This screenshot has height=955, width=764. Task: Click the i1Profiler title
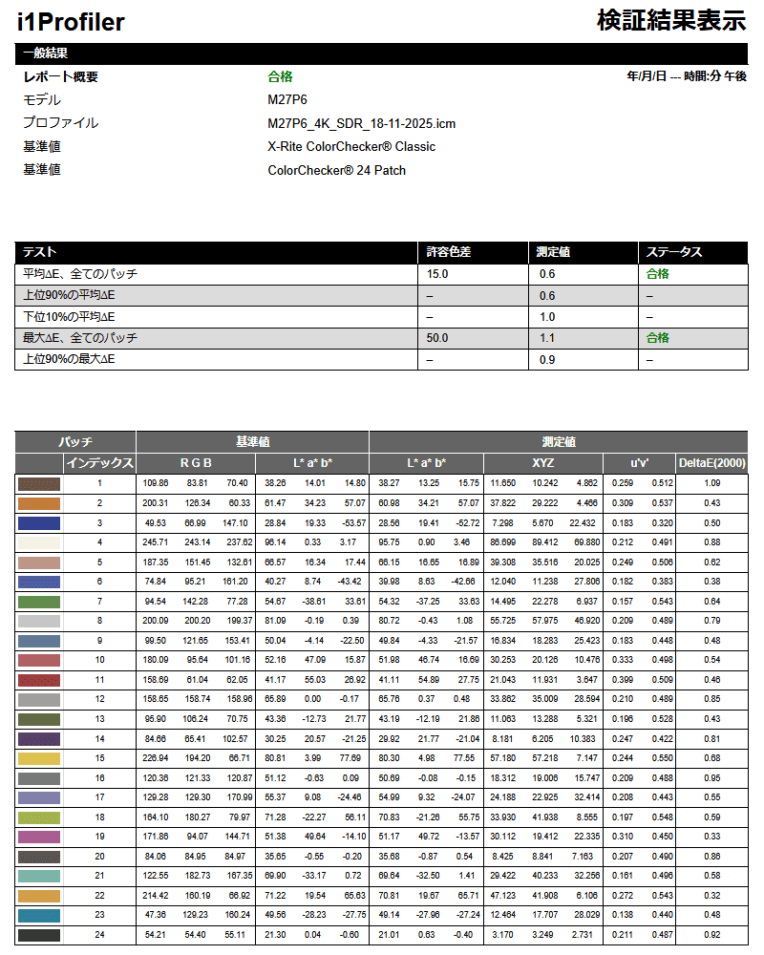coord(71,22)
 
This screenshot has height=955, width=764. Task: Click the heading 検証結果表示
coord(670,20)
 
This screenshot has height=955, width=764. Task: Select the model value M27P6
coord(287,99)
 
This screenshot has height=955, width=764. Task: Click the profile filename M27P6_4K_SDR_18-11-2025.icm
coord(362,122)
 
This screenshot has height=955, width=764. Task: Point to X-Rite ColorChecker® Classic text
coord(351,146)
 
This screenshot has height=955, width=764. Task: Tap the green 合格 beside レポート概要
coord(280,76)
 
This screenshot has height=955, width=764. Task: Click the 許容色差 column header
coord(448,252)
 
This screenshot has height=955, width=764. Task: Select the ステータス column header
coord(674,252)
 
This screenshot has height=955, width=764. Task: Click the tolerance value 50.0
coord(437,338)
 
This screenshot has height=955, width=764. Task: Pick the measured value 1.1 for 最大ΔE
coord(547,338)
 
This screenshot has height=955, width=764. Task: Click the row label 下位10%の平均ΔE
coord(69,316)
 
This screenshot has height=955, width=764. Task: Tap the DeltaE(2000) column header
coord(711,463)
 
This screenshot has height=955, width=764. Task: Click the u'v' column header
coord(639,463)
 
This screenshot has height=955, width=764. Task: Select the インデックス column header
coord(99,463)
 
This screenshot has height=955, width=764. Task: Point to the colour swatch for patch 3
coord(39,523)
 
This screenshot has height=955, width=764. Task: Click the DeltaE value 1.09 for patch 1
coord(711,483)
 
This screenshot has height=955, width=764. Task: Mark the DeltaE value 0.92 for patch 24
coord(711,934)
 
